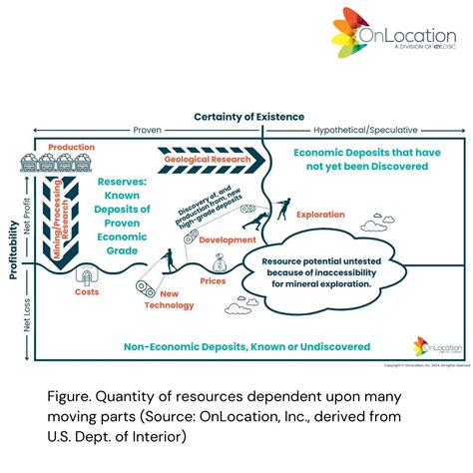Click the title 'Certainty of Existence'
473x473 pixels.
248,118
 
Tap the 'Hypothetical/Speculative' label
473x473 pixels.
365,130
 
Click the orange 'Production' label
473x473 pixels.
71,147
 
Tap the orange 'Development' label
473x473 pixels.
228,239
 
